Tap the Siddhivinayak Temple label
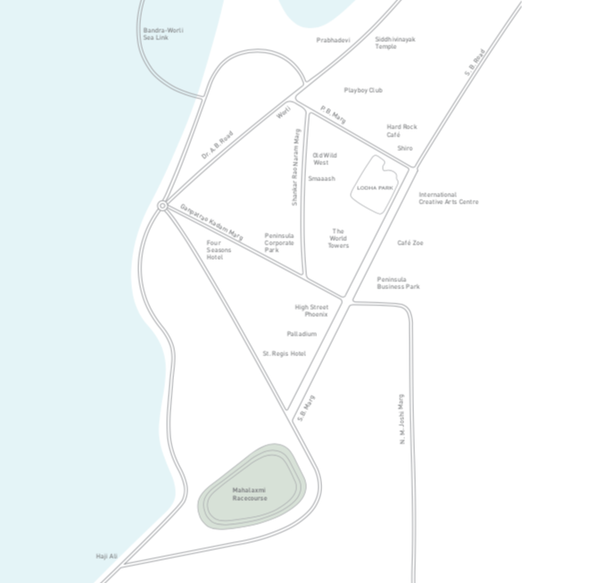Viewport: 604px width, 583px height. coord(394,43)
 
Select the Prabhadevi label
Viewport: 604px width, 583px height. coord(333,40)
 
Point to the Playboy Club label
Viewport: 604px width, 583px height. coord(363,90)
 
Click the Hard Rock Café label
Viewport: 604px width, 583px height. coord(401,130)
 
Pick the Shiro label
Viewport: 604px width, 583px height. coord(405,148)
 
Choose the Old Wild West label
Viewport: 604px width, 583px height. coord(324,159)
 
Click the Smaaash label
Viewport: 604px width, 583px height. coord(321,179)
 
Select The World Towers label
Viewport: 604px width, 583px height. coord(338,238)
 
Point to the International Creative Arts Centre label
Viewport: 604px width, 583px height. coord(448,198)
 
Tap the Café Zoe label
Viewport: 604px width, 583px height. coord(410,243)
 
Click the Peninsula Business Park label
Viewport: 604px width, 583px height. coord(398,282)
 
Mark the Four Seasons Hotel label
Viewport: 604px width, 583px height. coord(219,249)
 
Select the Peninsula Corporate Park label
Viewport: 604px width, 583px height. coord(278,242)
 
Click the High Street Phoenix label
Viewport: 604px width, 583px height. coord(311,311)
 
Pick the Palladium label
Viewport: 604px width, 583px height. coord(302,334)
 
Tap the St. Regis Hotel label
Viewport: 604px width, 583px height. coord(284,354)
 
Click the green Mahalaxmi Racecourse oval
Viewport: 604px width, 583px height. coord(251,487)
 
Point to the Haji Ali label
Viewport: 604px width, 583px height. coord(106,556)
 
